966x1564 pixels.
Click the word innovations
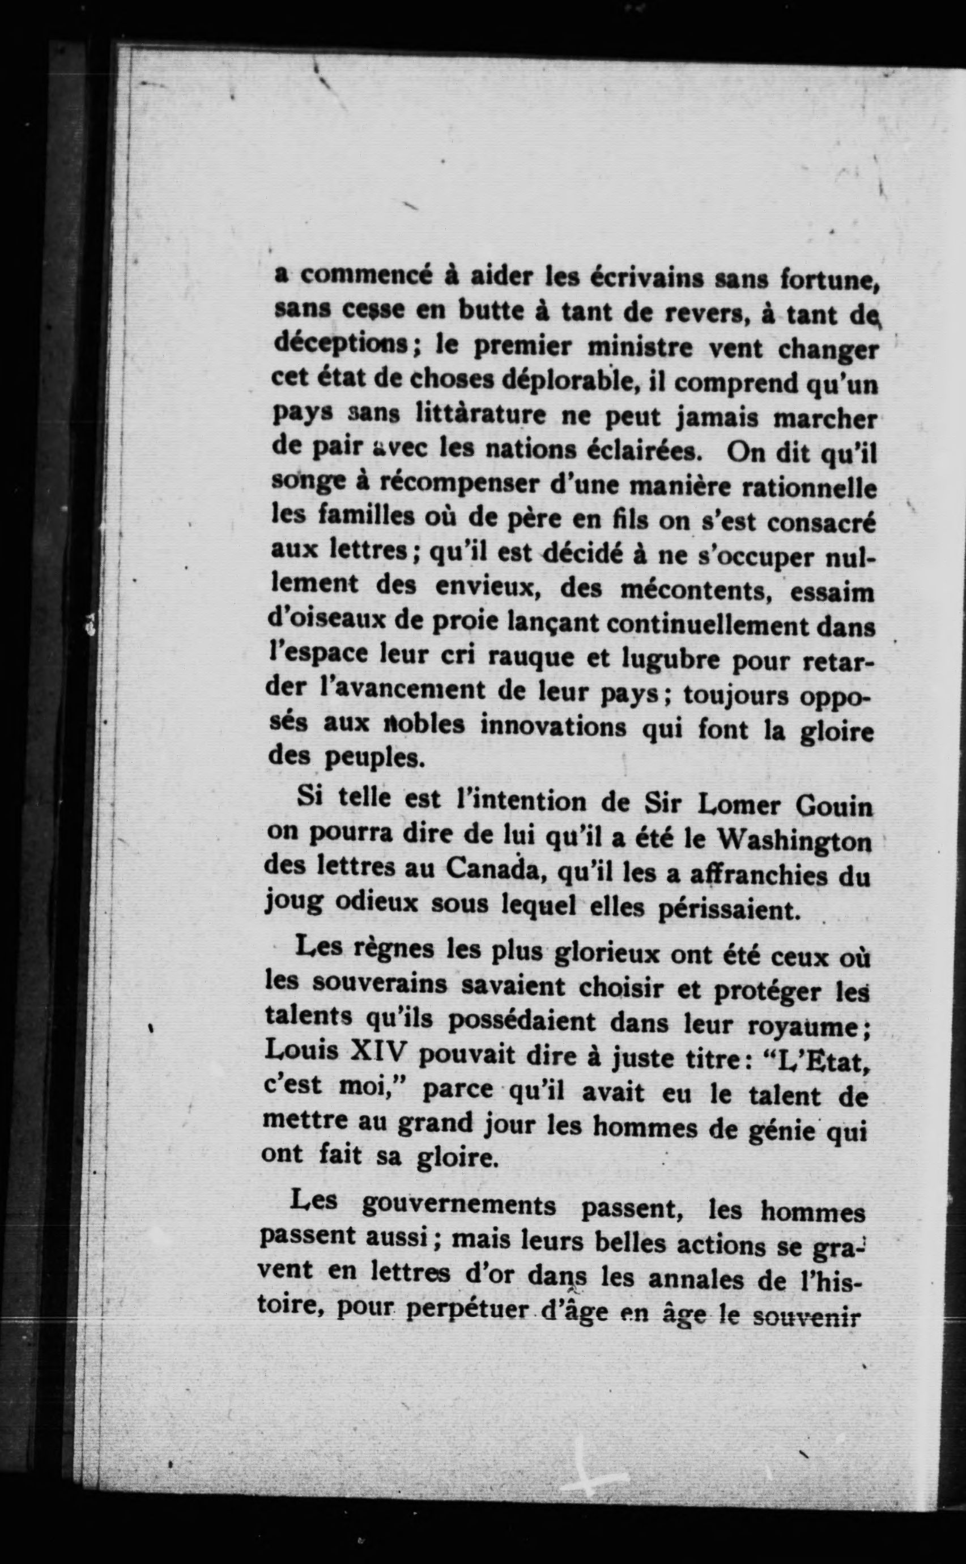click(552, 727)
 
